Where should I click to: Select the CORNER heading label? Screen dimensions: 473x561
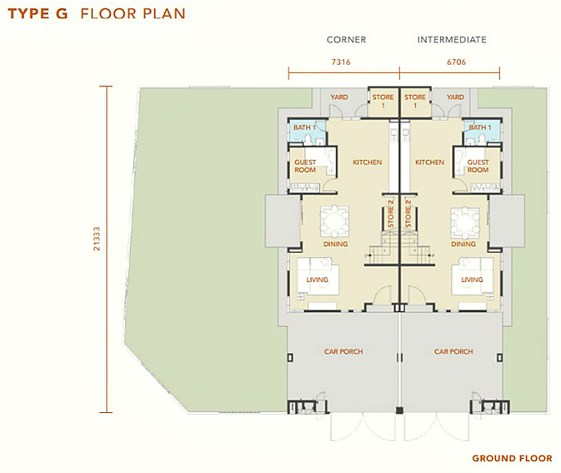[x=346, y=39]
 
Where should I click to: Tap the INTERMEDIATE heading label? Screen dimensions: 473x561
[x=451, y=39]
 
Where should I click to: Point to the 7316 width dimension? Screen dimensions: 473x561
[x=342, y=61]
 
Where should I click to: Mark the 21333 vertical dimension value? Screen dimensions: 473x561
[x=96, y=239]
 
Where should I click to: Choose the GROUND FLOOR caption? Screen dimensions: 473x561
[x=511, y=459]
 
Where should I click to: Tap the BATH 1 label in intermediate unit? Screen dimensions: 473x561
[x=479, y=127]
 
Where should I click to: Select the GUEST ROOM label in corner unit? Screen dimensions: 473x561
[x=305, y=166]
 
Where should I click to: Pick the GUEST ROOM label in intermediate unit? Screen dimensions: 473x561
[x=478, y=166]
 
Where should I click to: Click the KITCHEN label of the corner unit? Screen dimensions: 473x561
[x=367, y=162]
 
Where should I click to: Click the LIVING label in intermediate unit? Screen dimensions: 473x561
[x=472, y=279]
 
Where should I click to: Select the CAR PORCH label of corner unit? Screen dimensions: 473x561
[x=343, y=351]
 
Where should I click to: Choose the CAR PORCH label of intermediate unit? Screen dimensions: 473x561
[x=454, y=351]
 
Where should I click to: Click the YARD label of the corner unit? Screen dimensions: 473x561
[x=339, y=98]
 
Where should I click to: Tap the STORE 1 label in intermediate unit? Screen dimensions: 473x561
[x=415, y=101]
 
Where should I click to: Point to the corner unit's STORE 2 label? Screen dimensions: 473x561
[x=390, y=218]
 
